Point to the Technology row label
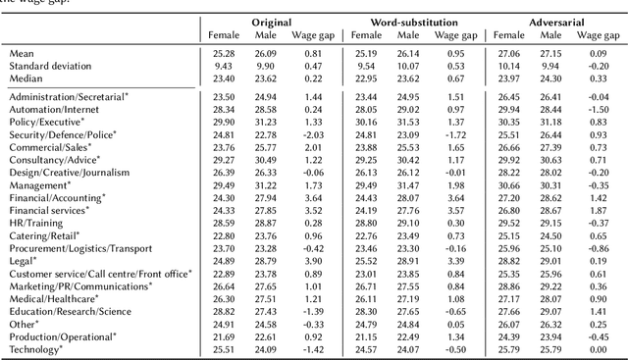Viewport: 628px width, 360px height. click(x=35, y=348)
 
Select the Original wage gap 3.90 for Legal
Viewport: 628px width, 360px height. click(x=313, y=260)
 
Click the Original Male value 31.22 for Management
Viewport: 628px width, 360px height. click(x=268, y=183)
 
